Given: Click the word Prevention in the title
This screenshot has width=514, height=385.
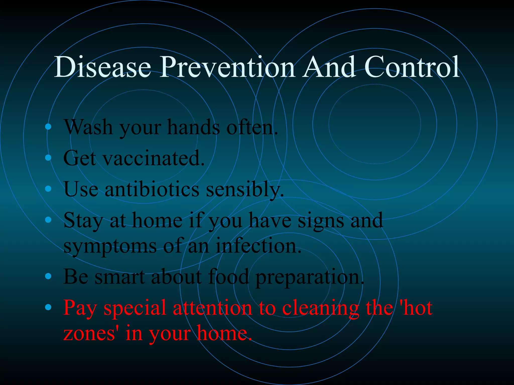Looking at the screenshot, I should (227, 67).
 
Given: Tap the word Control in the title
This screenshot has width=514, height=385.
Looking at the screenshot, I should (412, 67).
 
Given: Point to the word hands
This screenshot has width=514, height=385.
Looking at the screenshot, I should (193, 127).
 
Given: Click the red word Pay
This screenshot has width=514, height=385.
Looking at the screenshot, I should (80, 308).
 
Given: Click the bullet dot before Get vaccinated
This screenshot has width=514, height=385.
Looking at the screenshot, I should (48, 158).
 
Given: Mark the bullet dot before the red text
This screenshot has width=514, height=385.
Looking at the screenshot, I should (48, 307).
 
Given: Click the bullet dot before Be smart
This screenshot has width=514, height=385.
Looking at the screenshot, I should (48, 276).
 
